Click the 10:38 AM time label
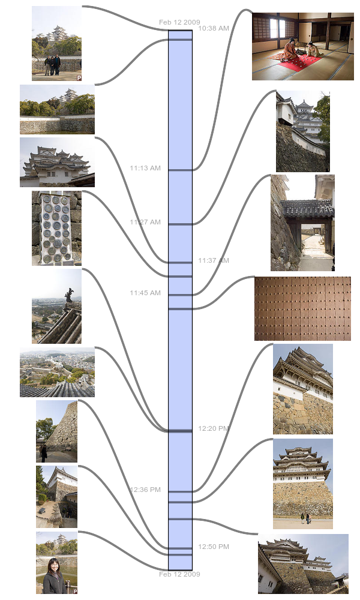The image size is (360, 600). pyautogui.click(x=214, y=28)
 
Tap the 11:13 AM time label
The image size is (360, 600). pyautogui.click(x=145, y=168)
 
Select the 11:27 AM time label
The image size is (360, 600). pyautogui.click(x=145, y=222)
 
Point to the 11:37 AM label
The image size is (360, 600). pyautogui.click(x=214, y=260)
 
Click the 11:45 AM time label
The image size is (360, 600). pyautogui.click(x=145, y=293)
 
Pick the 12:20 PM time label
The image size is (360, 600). pyautogui.click(x=214, y=428)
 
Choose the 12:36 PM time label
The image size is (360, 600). pyautogui.click(x=145, y=490)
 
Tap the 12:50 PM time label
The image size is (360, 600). pyautogui.click(x=214, y=547)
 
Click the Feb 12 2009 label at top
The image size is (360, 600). pyautogui.click(x=179, y=22)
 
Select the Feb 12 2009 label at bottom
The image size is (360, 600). pyautogui.click(x=179, y=574)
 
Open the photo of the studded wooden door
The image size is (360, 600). pyautogui.click(x=302, y=308)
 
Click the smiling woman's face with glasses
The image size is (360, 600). pyautogui.click(x=53, y=566)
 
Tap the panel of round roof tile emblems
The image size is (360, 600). pyautogui.click(x=56, y=229)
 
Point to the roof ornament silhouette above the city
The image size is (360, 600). pyautogui.click(x=69, y=295)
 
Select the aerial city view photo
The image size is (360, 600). pyautogui.click(x=57, y=372)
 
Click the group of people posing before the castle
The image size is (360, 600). pyautogui.click(x=52, y=65)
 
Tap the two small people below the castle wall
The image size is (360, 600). pyautogui.click(x=305, y=518)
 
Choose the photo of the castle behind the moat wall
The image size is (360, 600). pyautogui.click(x=57, y=109)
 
